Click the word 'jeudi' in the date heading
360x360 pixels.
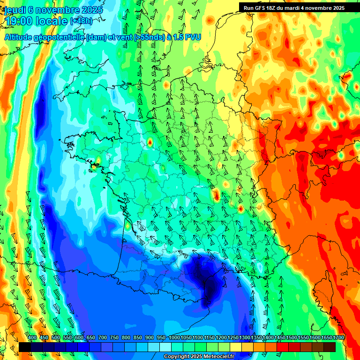(x=15, y=9)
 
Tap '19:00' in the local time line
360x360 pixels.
(x=19, y=21)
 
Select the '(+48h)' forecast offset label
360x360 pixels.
(x=82, y=21)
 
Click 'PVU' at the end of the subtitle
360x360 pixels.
(x=192, y=37)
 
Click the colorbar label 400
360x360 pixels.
(x=32, y=338)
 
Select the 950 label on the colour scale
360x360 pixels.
(x=161, y=338)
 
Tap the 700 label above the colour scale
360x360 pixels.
(x=103, y=338)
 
